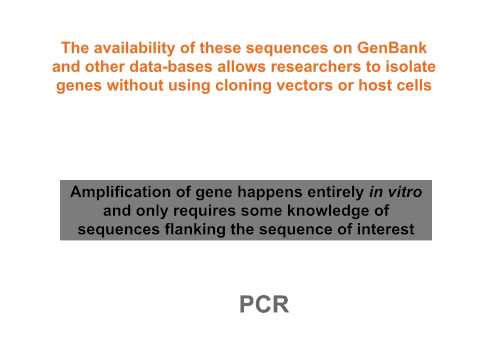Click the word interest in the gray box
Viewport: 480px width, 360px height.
tap(394, 232)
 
